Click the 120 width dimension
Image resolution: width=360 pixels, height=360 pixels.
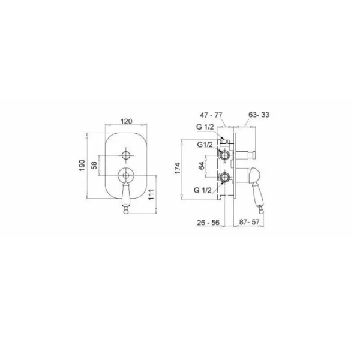tap(127, 121)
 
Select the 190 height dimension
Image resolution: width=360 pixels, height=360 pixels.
tap(82, 165)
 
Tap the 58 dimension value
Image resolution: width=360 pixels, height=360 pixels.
tap(94, 166)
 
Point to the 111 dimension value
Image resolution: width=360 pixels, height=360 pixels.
tap(151, 194)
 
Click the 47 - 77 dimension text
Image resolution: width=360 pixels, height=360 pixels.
tap(211, 115)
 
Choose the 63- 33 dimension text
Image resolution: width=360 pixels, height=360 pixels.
tap(259, 115)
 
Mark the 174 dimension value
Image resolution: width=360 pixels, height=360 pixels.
tap(178, 169)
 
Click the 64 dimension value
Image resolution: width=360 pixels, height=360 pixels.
tap(202, 166)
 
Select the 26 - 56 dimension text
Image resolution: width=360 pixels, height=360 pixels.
tap(208, 222)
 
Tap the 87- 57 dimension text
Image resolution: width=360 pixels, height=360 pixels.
tap(250, 222)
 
